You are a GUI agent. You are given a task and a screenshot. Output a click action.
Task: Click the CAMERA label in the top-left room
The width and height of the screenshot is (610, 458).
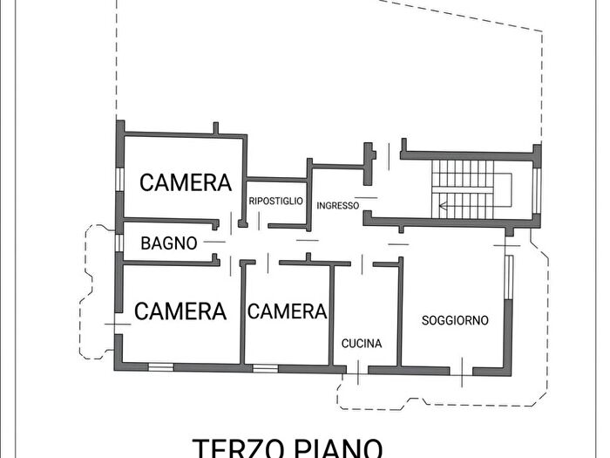click(186, 183)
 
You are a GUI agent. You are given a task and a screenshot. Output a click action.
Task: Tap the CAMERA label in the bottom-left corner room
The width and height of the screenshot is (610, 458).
click(180, 311)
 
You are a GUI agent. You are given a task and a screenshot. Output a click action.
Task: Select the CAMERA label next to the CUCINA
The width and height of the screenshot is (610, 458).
click(288, 311)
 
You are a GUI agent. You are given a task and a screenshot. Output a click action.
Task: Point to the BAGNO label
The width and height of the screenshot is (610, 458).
click(169, 243)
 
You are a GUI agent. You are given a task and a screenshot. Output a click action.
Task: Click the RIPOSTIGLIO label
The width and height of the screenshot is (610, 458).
click(275, 202)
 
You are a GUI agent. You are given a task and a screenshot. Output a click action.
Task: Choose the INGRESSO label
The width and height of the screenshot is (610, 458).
click(338, 206)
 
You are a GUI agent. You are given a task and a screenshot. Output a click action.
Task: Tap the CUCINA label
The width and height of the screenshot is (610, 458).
click(362, 344)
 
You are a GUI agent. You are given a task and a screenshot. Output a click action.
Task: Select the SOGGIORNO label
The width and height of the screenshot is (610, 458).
click(455, 320)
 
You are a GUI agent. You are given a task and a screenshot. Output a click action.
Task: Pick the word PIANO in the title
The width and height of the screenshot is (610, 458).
click(335, 448)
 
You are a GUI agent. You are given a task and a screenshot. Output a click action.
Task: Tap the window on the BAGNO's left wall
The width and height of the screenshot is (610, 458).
click(119, 242)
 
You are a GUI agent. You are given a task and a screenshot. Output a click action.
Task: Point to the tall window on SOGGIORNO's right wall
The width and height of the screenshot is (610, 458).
click(510, 288)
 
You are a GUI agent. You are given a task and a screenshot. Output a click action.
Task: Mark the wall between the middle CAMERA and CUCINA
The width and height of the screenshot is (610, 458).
click(331, 314)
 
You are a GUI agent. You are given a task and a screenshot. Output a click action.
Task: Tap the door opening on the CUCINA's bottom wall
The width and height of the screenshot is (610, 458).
click(358, 370)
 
